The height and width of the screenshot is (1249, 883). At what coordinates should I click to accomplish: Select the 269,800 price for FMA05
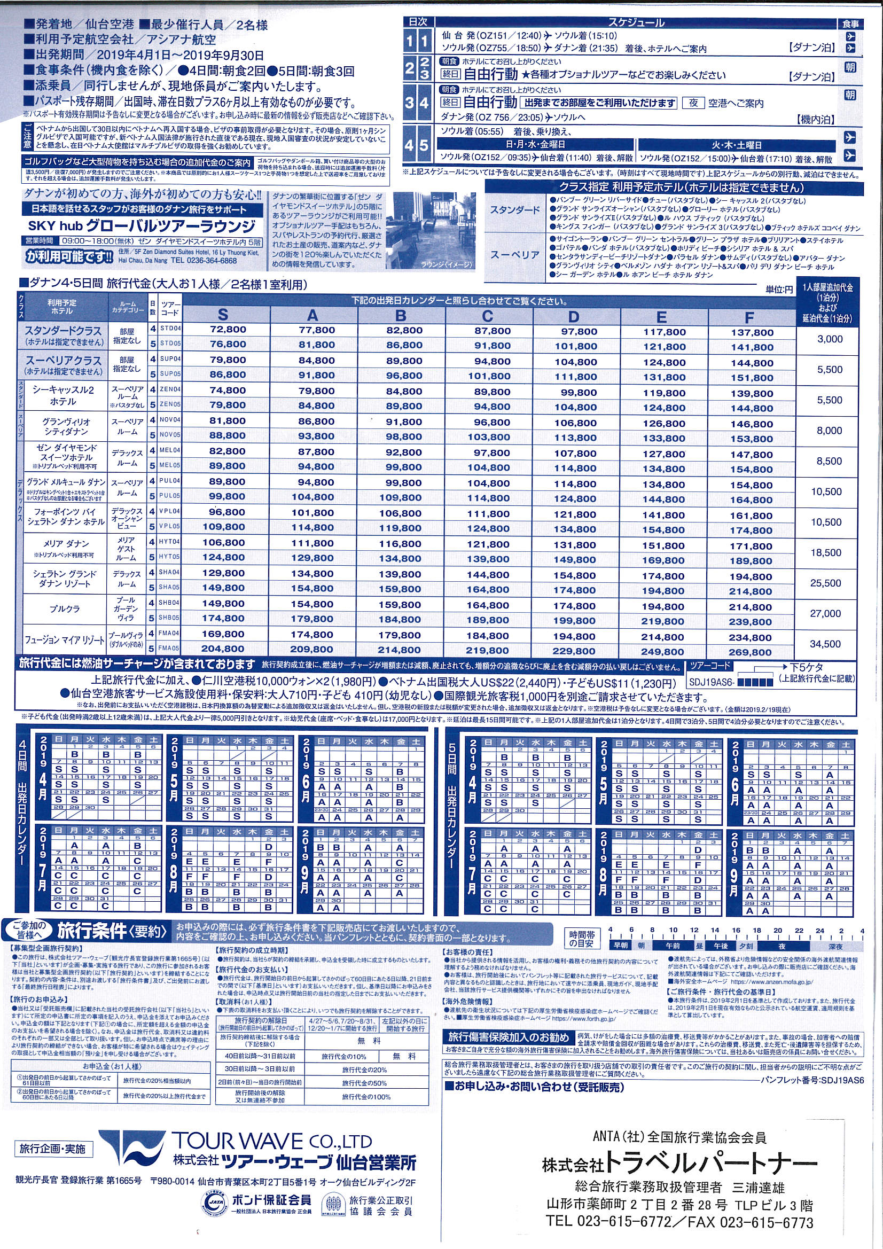tap(751, 652)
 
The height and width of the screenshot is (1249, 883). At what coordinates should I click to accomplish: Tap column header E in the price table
tap(661, 317)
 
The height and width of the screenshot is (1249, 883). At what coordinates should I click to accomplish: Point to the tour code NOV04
tap(170, 419)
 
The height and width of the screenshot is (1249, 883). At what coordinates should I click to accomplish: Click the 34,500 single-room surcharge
tap(825, 644)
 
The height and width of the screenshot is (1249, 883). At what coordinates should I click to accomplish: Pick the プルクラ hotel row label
tap(65, 608)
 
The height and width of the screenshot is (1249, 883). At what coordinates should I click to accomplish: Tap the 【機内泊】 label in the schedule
tap(815, 119)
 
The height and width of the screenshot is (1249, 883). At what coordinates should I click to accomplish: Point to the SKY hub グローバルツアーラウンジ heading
tap(142, 226)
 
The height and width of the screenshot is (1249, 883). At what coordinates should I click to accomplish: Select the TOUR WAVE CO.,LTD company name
tap(272, 1141)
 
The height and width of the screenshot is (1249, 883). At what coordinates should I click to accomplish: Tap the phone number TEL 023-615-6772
tap(608, 1221)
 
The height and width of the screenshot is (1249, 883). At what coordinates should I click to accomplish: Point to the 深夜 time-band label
tap(835, 946)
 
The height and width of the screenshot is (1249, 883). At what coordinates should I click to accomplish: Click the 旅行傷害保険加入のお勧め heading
tap(507, 1037)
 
